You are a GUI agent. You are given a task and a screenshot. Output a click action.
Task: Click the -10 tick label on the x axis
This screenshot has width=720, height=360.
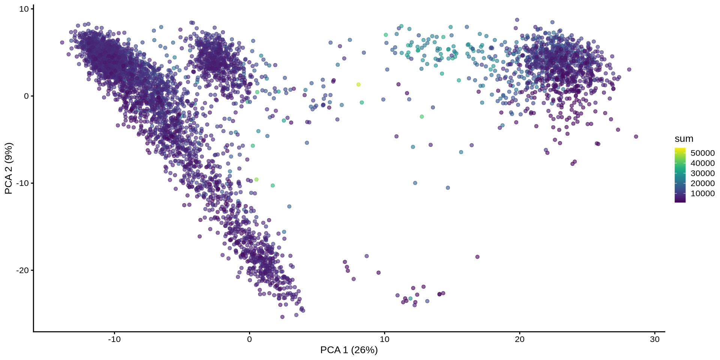(x=114, y=340)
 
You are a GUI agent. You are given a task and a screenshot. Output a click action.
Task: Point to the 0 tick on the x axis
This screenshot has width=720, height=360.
(x=249, y=340)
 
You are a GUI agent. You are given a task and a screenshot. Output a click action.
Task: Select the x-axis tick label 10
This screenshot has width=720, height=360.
(x=384, y=340)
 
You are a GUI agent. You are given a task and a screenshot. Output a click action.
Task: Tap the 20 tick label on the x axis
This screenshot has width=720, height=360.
(x=519, y=340)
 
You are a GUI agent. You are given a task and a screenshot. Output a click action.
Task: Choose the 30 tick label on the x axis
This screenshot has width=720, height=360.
(x=654, y=340)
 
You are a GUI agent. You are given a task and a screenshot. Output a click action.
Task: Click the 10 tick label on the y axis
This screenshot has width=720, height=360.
(x=24, y=9)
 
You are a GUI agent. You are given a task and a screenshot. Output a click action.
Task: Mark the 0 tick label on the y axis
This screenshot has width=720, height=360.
(x=26, y=96)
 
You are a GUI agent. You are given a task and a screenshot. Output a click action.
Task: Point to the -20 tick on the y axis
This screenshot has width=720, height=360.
(x=22, y=270)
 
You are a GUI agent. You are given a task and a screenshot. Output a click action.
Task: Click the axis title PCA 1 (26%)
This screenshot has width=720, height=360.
(x=349, y=350)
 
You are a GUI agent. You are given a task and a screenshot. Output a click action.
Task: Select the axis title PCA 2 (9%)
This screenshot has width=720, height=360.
(x=9, y=168)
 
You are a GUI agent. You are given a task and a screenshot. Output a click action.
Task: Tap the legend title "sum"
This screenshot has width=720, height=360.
(x=684, y=139)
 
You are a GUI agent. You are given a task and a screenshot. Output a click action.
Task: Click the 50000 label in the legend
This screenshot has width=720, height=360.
(x=702, y=153)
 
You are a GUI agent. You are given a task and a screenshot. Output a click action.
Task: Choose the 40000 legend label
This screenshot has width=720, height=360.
(x=702, y=163)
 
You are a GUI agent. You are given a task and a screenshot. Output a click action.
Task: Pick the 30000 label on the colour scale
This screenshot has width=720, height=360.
(x=702, y=173)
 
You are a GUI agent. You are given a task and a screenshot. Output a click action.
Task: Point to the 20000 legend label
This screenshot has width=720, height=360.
(x=702, y=183)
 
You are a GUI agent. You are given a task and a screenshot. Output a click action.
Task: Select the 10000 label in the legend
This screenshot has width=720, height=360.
(x=702, y=193)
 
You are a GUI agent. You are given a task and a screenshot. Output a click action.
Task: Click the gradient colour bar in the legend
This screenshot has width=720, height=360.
(x=680, y=175)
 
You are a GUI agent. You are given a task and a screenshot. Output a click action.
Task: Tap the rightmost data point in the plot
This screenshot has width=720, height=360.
(x=636, y=136)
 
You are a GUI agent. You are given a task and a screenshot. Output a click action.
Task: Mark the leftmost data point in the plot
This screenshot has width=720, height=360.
(x=62, y=43)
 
